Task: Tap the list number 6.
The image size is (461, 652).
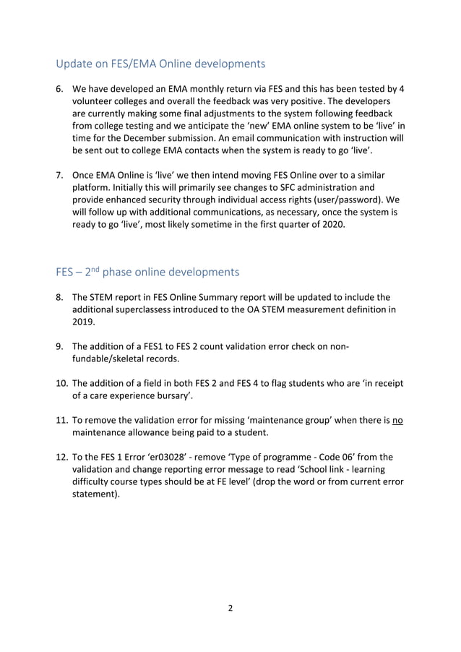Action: click(x=60, y=89)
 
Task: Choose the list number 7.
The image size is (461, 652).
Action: click(x=60, y=176)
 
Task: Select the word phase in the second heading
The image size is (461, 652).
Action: click(x=123, y=273)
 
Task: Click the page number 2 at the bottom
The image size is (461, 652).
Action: click(x=231, y=608)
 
